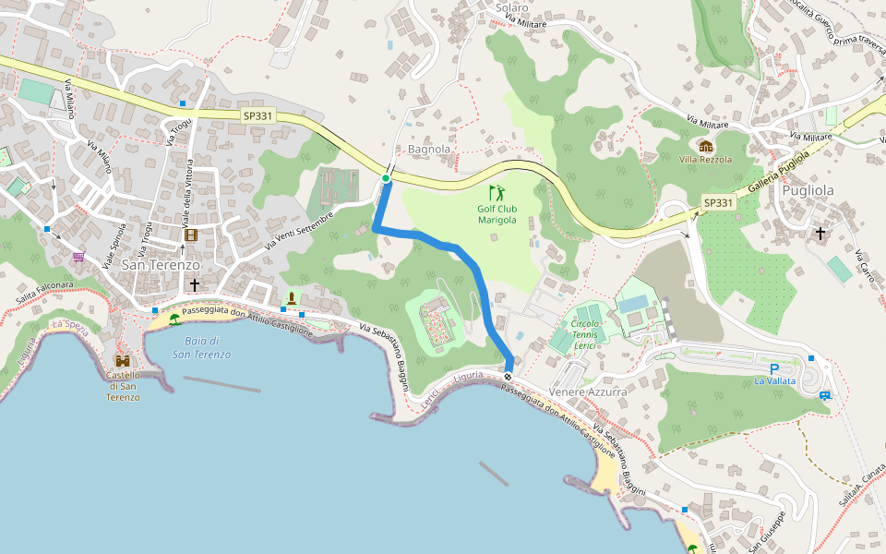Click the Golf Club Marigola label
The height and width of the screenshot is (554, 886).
click(497, 214)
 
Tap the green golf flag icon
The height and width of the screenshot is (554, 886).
click(497, 193)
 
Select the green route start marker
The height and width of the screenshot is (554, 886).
click(386, 178)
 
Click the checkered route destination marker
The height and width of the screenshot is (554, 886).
click(509, 376)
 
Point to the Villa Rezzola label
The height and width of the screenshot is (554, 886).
click(705, 160)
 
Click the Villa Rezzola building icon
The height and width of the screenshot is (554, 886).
click(705, 146)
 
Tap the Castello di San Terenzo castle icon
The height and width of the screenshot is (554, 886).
click(123, 361)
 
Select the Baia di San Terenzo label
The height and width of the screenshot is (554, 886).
click(201, 348)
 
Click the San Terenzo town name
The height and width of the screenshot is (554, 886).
click(162, 265)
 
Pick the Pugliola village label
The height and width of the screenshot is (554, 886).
click(808, 191)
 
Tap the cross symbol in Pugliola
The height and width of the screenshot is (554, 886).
click(820, 234)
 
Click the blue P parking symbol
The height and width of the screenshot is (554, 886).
click(773, 367)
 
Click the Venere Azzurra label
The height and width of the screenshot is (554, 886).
click(588, 392)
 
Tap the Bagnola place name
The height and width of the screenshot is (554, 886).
click(429, 149)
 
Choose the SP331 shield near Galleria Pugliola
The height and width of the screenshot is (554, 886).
click(717, 203)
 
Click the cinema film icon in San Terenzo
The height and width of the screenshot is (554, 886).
click(190, 235)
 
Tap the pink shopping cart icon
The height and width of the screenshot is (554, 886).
click(78, 257)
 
